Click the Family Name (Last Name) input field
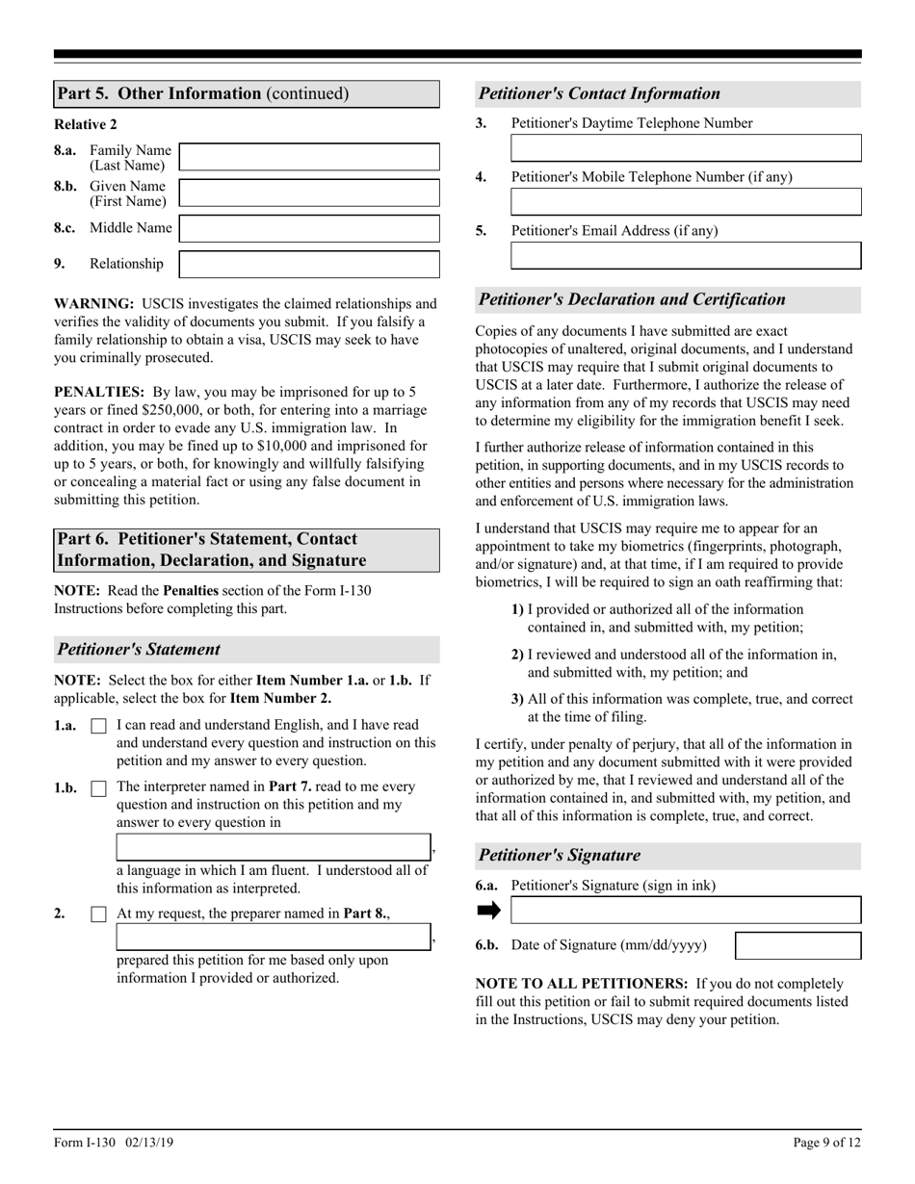[x=309, y=157]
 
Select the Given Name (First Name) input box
[x=309, y=193]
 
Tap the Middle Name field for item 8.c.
[x=309, y=228]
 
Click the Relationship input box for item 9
[x=309, y=264]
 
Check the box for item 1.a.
[x=98, y=728]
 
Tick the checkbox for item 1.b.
[x=98, y=788]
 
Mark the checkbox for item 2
[x=98, y=914]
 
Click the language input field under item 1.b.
[x=274, y=847]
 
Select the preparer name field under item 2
[x=274, y=937]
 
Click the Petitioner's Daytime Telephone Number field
[x=685, y=148]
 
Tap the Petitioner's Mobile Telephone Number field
[x=685, y=202]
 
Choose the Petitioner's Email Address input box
[x=685, y=256]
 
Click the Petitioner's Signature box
[x=685, y=911]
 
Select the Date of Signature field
[x=797, y=945]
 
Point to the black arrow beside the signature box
[x=489, y=911]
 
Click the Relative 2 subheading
[x=86, y=124]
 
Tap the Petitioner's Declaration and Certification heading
[x=632, y=299]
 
